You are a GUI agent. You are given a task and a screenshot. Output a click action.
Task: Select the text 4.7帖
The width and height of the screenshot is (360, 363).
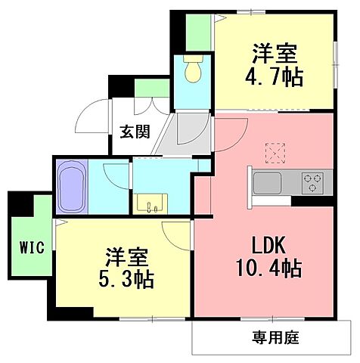tap(274, 76)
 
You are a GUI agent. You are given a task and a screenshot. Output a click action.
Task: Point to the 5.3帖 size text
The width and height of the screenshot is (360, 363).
tap(125, 281)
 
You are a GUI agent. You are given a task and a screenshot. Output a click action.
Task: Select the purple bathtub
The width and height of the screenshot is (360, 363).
tap(71, 188)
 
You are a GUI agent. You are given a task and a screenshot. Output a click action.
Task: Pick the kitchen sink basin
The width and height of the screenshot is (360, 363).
tap(267, 183)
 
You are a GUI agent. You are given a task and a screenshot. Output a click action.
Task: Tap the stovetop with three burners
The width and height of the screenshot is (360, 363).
tap(312, 182)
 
